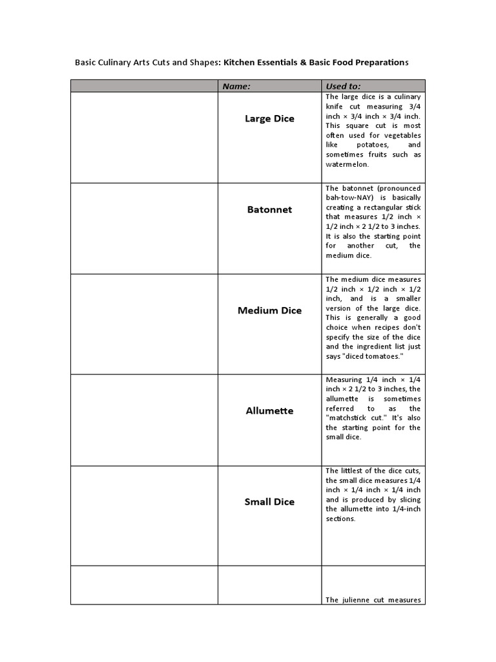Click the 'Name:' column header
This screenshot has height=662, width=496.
point(236,86)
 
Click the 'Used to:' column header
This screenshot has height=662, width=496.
point(343,86)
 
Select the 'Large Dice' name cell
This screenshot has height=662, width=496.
point(269,118)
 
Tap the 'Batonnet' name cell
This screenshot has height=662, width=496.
point(269,209)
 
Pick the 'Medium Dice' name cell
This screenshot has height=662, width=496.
point(269,310)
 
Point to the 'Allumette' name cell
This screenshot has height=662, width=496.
point(269,411)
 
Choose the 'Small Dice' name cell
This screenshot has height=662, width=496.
point(269,502)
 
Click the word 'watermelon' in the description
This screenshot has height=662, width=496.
point(346,165)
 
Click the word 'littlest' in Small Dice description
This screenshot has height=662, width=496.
point(353,471)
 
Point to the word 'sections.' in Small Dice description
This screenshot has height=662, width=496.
point(341,518)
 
